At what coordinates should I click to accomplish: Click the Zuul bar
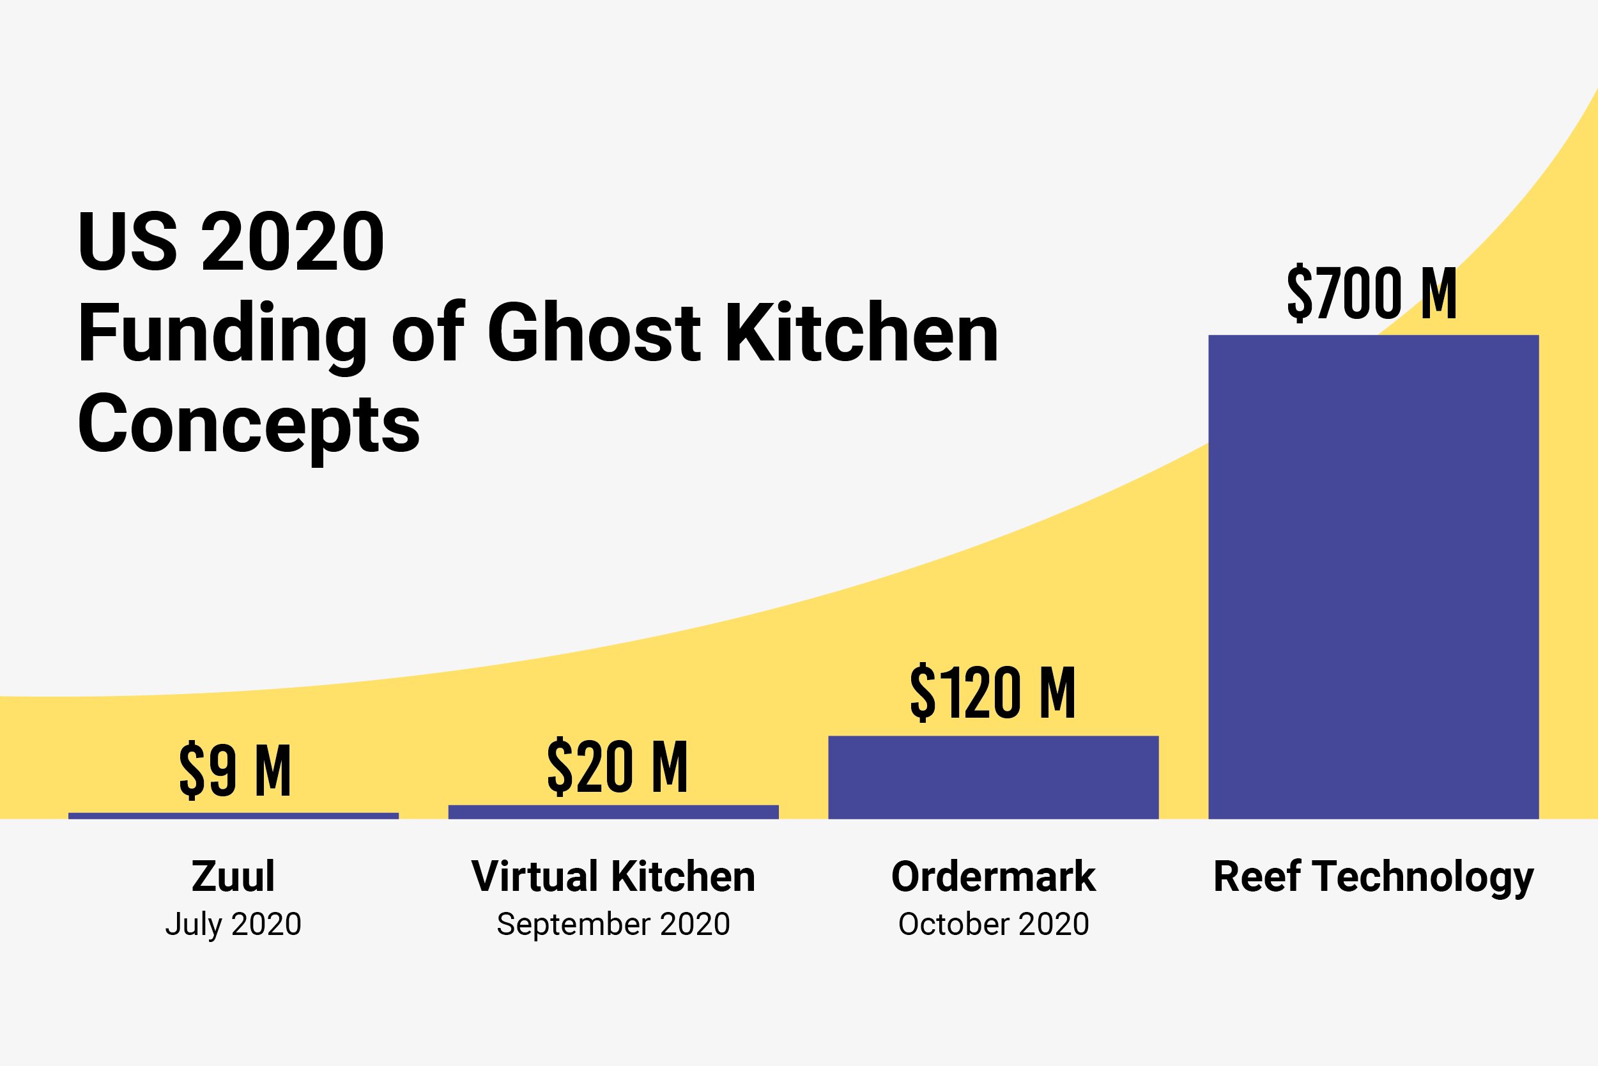click(x=233, y=816)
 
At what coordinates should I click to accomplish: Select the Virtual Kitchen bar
click(x=613, y=812)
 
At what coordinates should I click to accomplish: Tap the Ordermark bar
click(x=993, y=778)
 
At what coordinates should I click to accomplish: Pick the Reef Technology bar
click(x=1373, y=577)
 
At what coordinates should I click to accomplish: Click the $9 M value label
click(x=235, y=770)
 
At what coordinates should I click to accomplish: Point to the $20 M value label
click(x=617, y=767)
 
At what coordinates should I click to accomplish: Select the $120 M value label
click(x=992, y=693)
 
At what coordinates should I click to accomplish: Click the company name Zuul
click(x=233, y=876)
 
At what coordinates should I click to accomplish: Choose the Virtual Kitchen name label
click(x=613, y=876)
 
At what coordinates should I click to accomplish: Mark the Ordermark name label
click(x=993, y=876)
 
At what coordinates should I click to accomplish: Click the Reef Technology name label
click(x=1373, y=877)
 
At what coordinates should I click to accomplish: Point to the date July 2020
click(x=233, y=924)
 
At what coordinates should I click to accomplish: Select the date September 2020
click(x=613, y=924)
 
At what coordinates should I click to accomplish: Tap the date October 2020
click(x=993, y=924)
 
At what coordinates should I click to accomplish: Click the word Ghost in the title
click(x=594, y=333)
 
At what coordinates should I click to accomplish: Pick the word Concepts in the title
click(x=249, y=425)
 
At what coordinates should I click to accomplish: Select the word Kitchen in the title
click(x=861, y=333)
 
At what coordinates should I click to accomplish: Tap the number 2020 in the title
click(x=293, y=242)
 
